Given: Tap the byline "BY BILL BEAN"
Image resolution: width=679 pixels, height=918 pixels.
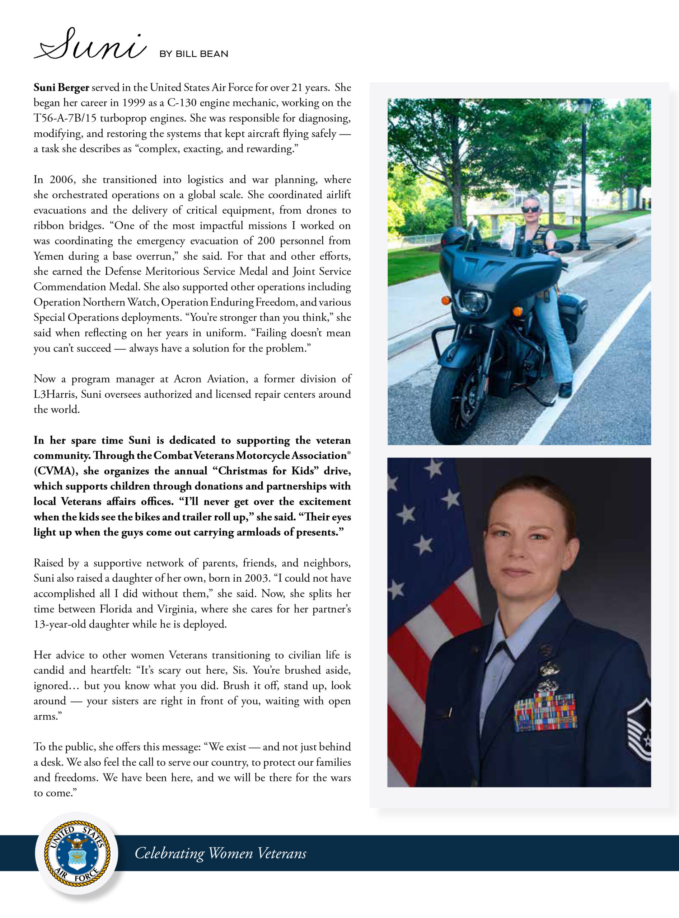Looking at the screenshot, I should pos(193,54).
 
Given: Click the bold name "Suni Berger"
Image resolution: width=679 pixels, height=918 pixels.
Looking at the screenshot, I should pos(61,87).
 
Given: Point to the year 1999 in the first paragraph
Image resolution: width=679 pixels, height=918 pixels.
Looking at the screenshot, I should pos(134,103).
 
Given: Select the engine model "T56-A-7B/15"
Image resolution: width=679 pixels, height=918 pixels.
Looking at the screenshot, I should pos(65,118).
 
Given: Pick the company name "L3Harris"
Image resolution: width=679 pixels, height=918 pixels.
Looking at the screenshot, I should pos(55,394).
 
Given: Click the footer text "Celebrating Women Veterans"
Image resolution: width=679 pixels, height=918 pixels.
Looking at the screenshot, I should pos(220,853).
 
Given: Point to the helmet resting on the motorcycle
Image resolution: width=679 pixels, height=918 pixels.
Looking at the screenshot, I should pos(453,237).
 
